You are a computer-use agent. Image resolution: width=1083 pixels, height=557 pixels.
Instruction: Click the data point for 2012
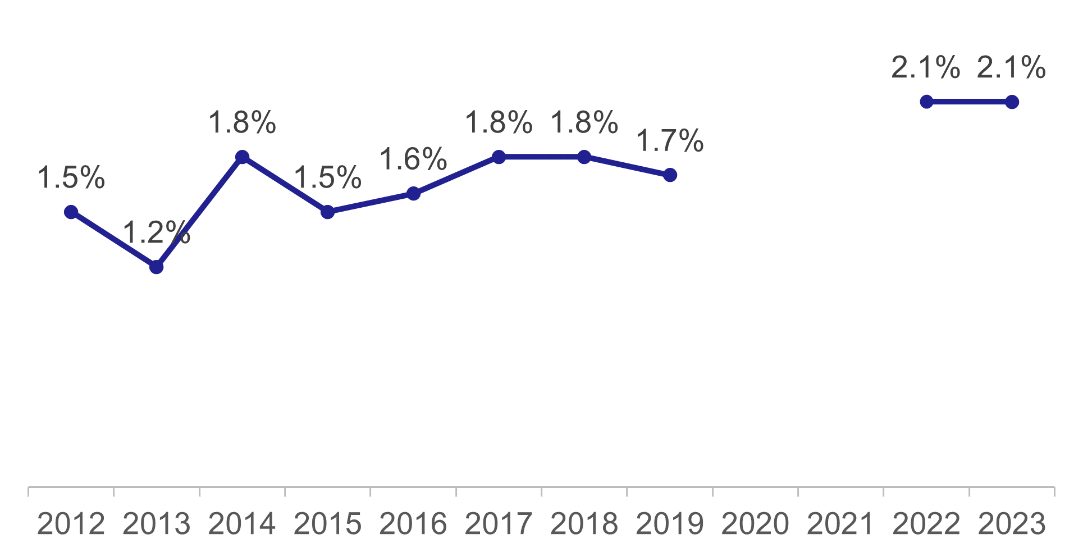pyautogui.click(x=71, y=212)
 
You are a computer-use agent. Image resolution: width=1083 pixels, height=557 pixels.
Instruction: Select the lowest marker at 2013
pyautogui.click(x=157, y=267)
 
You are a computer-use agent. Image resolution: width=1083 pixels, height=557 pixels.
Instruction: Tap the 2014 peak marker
pyautogui.click(x=242, y=157)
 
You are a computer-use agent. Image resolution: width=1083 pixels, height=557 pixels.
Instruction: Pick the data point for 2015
pyautogui.click(x=328, y=212)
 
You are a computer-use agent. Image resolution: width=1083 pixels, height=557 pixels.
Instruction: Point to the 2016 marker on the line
pyautogui.click(x=413, y=194)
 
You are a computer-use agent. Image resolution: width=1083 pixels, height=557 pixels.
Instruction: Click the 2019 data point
pyautogui.click(x=670, y=175)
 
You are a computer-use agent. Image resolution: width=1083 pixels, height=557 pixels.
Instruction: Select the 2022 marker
pyautogui.click(x=926, y=102)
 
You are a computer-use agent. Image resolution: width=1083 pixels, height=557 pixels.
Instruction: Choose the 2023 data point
pyautogui.click(x=1012, y=102)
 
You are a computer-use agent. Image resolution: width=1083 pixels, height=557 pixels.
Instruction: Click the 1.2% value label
pyautogui.click(x=156, y=232)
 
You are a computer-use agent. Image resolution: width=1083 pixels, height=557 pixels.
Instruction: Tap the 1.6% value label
pyautogui.click(x=413, y=159)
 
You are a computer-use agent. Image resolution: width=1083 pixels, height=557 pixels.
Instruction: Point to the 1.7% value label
pyautogui.click(x=670, y=141)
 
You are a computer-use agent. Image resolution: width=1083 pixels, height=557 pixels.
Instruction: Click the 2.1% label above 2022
pyautogui.click(x=926, y=68)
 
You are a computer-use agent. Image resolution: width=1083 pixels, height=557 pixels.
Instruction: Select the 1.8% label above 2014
pyautogui.click(x=242, y=122)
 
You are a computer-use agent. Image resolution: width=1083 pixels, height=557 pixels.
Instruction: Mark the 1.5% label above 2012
pyautogui.click(x=71, y=177)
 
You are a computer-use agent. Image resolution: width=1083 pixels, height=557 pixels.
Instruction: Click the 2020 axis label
pyautogui.click(x=755, y=524)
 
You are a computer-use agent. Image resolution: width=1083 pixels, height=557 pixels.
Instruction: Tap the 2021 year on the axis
pyautogui.click(x=840, y=524)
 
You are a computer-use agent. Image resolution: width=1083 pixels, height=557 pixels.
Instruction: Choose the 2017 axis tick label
pyautogui.click(x=499, y=524)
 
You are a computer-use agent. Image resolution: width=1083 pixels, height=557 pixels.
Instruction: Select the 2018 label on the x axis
pyautogui.click(x=584, y=524)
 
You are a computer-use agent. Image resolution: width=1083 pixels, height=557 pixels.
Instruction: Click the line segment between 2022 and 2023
pyautogui.click(x=969, y=102)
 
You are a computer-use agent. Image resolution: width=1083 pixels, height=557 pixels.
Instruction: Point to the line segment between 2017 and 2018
pyautogui.click(x=541, y=157)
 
